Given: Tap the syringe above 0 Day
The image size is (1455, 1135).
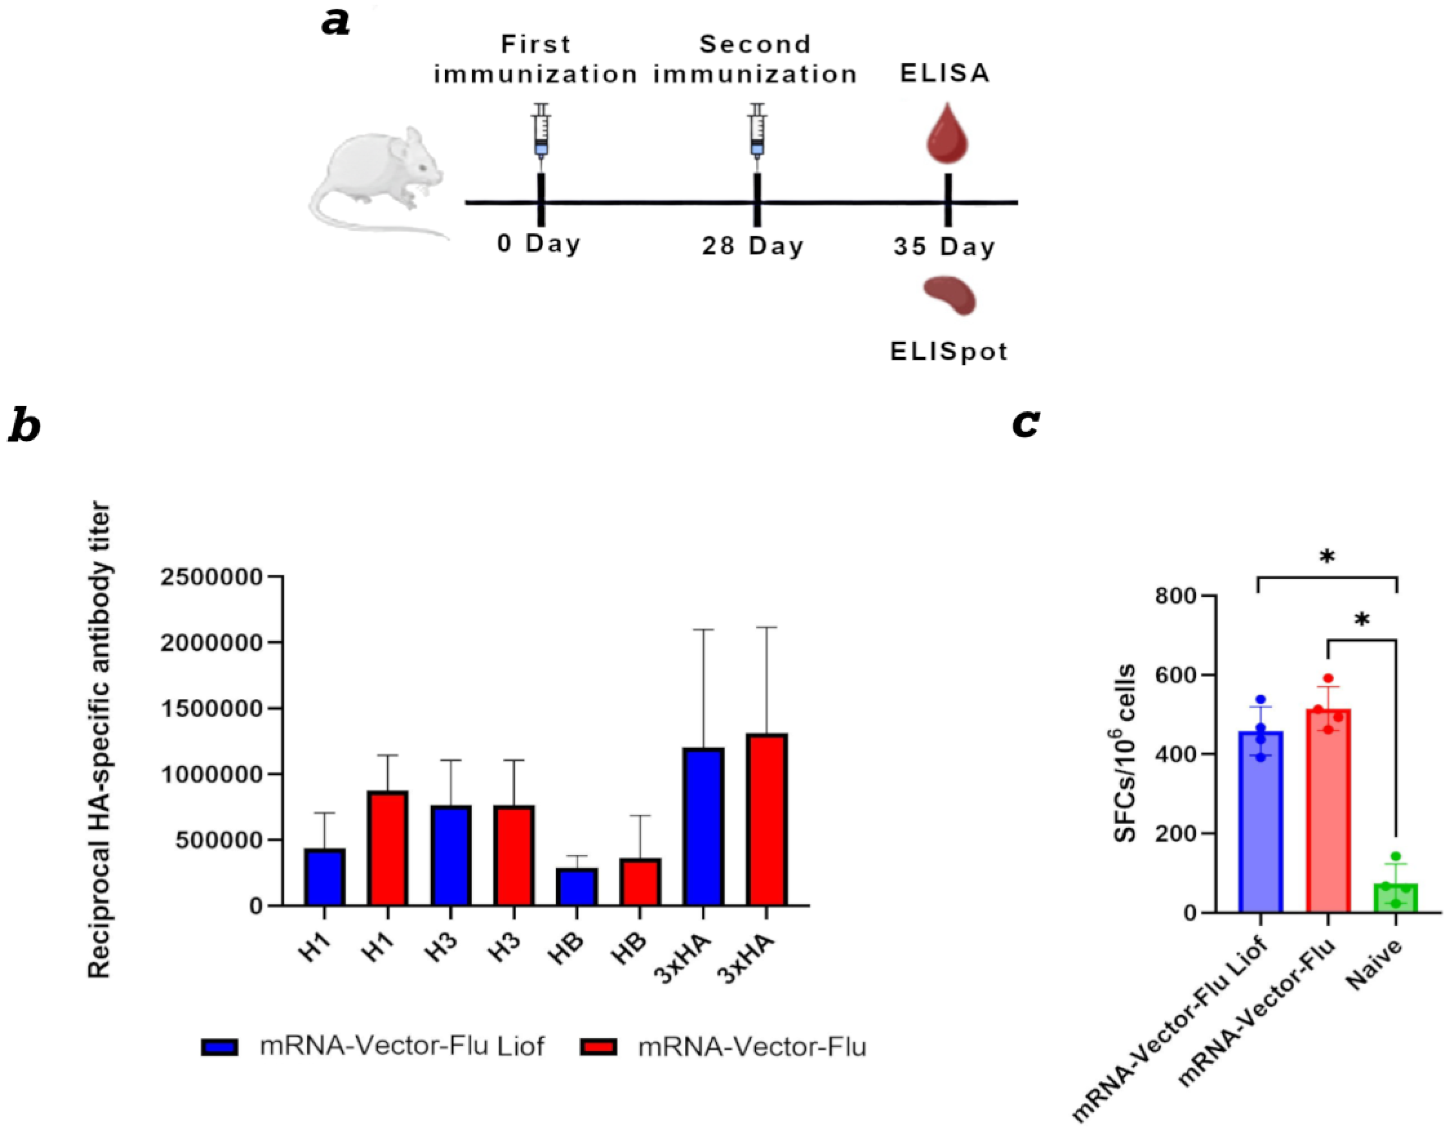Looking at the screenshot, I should (x=541, y=130).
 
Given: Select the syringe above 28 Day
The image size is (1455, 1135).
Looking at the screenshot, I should (x=757, y=130).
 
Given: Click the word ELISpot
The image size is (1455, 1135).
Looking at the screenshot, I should (x=949, y=351).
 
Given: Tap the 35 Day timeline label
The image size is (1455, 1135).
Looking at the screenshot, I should (x=945, y=247).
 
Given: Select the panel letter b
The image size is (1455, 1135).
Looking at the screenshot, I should (x=24, y=427).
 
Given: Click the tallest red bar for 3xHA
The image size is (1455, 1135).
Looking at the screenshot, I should (x=767, y=819).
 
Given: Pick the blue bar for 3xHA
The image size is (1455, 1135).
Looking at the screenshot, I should (x=704, y=826).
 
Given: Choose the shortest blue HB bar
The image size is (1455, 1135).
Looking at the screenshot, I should (x=577, y=887).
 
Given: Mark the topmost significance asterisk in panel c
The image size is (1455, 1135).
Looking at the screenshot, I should (x=1327, y=557).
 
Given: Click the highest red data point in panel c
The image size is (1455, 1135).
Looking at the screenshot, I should (x=1328, y=679).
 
